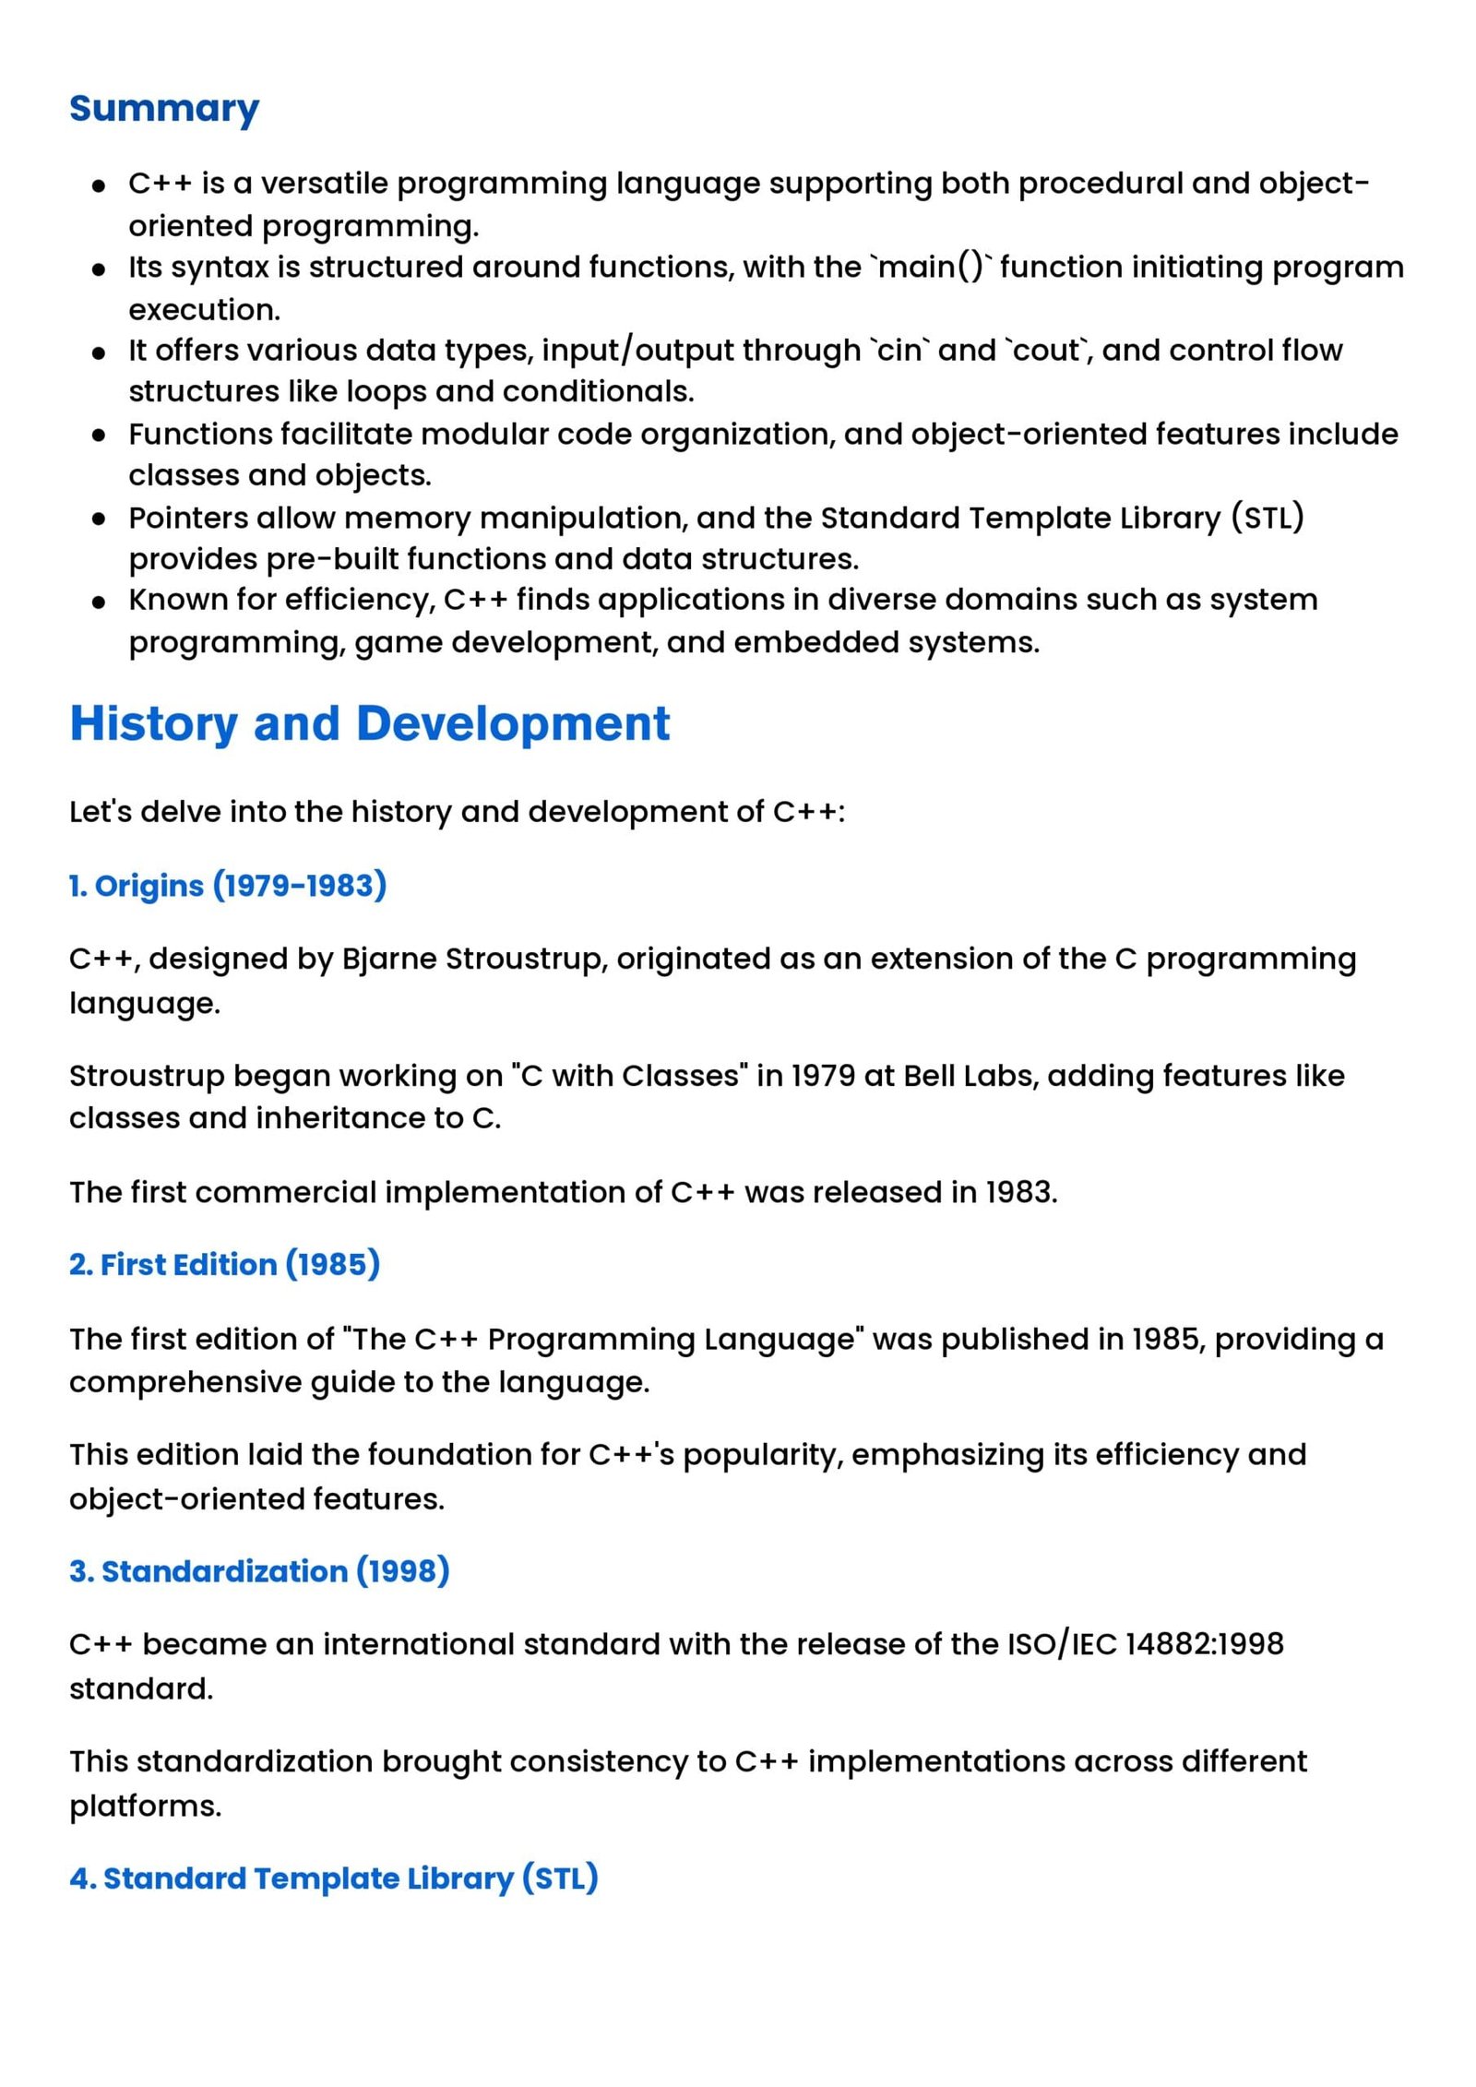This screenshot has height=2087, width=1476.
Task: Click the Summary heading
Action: click(164, 108)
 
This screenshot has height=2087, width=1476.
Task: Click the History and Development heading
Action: click(369, 722)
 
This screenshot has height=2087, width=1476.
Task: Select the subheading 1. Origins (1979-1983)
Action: click(228, 885)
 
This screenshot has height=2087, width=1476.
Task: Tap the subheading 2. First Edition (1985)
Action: click(224, 1263)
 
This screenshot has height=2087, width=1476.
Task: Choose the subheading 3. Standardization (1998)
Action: click(259, 1570)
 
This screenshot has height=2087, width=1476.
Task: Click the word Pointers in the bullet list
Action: click(188, 518)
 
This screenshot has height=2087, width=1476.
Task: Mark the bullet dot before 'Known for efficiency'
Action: click(99, 602)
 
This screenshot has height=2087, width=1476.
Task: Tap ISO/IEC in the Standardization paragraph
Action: click(1062, 1643)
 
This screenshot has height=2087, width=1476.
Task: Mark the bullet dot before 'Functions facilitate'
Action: click(99, 435)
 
